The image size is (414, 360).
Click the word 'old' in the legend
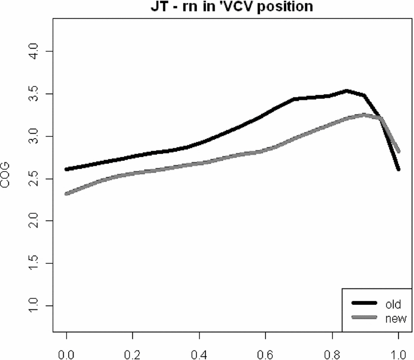(393, 303)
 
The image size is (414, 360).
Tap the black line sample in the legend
(366, 303)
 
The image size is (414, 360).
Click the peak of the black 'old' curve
(346, 91)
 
